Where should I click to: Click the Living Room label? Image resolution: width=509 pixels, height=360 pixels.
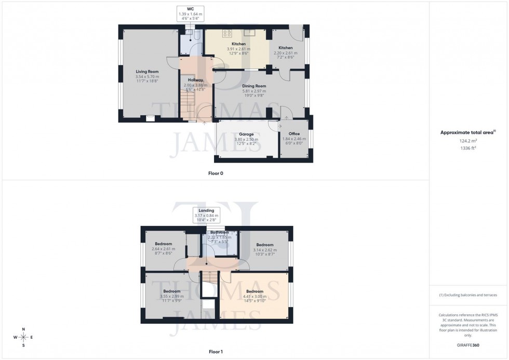click(147, 72)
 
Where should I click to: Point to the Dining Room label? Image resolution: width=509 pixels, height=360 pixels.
click(254, 86)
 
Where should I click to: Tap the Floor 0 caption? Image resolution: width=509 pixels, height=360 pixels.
click(216, 172)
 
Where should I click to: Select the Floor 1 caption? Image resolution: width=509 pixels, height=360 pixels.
click(216, 352)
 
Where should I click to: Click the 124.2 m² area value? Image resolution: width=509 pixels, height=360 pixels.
click(468, 140)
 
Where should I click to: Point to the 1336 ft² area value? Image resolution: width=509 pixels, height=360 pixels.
click(468, 148)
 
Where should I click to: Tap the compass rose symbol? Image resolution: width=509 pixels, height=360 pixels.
click(23, 337)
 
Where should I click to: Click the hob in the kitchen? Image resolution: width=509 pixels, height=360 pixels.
click(227, 33)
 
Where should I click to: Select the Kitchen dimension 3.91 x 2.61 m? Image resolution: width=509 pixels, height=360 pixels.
click(238, 49)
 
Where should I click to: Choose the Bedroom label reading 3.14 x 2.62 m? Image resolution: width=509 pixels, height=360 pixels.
click(264, 245)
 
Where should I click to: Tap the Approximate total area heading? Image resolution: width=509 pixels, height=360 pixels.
click(468, 132)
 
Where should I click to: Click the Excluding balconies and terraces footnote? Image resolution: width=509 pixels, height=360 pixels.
click(468, 295)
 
